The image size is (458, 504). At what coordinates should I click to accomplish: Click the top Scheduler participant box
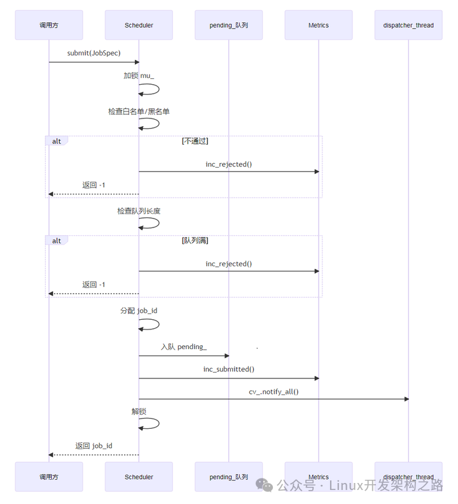(139, 25)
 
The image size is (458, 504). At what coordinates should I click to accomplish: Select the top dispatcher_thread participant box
(408, 25)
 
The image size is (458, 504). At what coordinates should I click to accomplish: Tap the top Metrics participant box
(318, 25)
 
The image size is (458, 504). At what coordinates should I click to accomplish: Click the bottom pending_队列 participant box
(228, 477)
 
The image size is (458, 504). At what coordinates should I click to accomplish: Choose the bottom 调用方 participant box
(49, 477)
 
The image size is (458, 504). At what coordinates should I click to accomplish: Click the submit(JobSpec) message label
(94, 53)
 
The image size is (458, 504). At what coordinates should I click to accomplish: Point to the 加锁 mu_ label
(139, 75)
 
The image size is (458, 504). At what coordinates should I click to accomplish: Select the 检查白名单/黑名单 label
(139, 112)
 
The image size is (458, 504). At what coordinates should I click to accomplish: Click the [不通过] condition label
(195, 141)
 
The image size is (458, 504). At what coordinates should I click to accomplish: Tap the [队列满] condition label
(195, 240)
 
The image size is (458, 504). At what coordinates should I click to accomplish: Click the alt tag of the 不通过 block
(57, 141)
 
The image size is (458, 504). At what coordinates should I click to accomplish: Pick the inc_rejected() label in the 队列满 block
(228, 264)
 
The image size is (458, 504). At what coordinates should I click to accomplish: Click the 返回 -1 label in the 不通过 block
(94, 185)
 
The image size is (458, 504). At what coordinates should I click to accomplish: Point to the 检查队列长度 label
(139, 211)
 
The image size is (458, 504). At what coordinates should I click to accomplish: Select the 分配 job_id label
(139, 310)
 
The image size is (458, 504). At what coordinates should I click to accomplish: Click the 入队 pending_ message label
(183, 347)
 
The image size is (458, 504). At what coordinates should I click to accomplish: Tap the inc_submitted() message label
(228, 369)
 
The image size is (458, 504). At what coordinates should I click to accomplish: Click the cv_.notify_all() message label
(274, 391)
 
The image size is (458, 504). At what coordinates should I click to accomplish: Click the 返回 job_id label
(94, 445)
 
